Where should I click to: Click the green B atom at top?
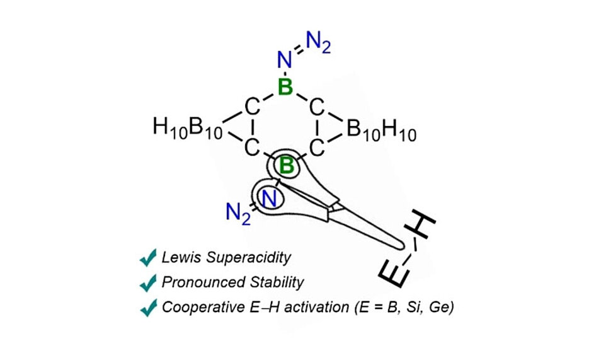[286, 88]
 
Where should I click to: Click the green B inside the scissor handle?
[287, 166]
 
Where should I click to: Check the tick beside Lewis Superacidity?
[148, 257]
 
